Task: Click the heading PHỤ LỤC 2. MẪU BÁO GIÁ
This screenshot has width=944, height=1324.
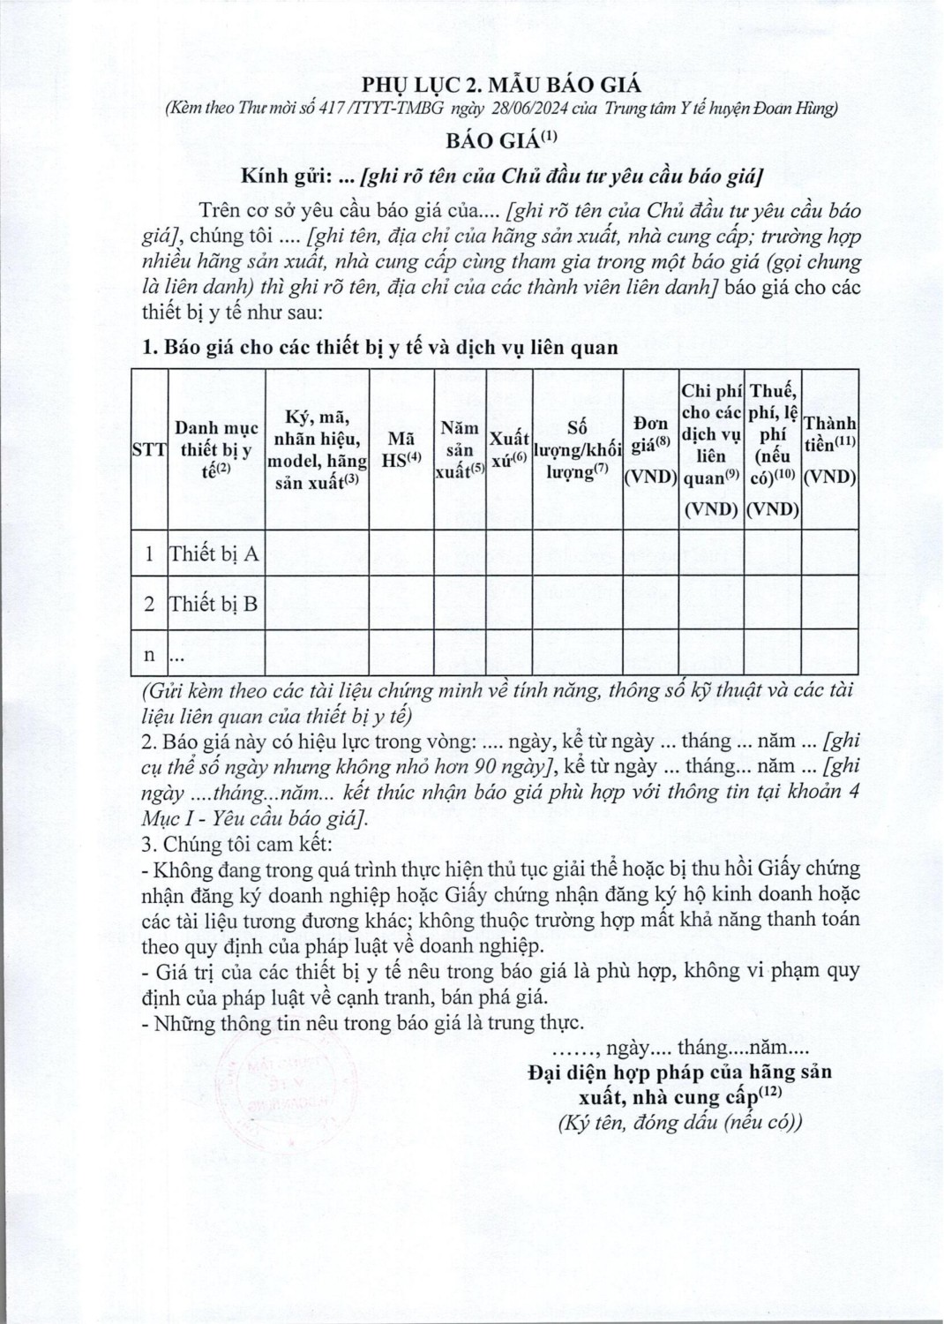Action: click(501, 85)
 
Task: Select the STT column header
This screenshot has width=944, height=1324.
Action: click(149, 449)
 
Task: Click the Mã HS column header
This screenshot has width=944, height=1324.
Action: click(401, 449)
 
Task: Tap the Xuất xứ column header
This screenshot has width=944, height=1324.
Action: click(509, 449)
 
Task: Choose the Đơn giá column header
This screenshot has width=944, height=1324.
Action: click(650, 449)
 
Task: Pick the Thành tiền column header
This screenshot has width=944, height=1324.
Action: click(830, 449)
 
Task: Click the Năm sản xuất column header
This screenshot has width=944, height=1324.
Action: click(461, 449)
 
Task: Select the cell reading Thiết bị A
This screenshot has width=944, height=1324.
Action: click(215, 553)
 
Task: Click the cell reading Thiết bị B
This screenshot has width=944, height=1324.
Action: click(215, 605)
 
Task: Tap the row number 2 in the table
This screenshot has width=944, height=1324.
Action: click(149, 605)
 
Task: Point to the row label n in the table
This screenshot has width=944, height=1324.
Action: click(149, 655)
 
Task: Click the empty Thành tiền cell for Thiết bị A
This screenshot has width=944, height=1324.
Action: click(830, 553)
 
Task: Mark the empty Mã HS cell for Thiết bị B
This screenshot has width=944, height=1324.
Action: click(401, 605)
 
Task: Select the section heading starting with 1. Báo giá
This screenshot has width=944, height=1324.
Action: click(380, 348)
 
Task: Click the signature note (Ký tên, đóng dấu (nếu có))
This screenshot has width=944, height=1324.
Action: click(679, 1123)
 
